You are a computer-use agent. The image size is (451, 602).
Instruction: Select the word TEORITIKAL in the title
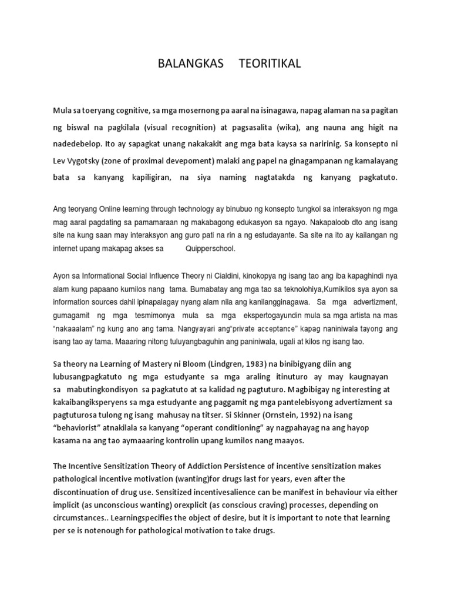pyautogui.click(x=270, y=64)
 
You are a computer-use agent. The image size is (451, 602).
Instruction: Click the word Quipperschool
pyautogui.click(x=210, y=249)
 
